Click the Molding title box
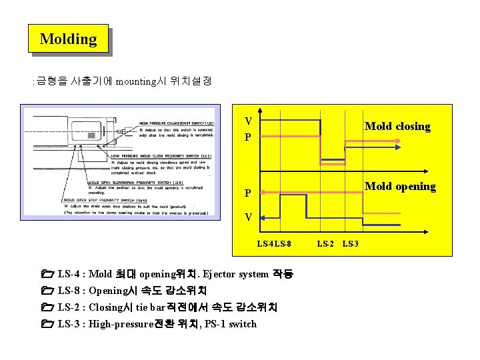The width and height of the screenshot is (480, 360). (68, 39)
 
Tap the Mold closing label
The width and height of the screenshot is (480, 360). (397, 127)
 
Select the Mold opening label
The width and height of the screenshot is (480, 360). (400, 187)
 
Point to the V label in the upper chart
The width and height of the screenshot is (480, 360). (248, 122)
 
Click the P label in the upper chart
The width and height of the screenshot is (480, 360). (248, 138)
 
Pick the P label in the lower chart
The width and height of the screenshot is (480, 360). (248, 193)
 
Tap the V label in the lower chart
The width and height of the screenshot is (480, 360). (248, 217)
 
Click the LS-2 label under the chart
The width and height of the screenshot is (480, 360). (325, 244)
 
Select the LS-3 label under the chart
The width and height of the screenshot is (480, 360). (350, 244)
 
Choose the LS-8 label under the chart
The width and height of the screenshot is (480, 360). (283, 244)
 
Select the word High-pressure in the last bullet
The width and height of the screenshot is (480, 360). (121, 324)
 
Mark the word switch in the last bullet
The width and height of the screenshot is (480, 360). (241, 324)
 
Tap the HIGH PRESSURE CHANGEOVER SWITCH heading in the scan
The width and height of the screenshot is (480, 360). (176, 123)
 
